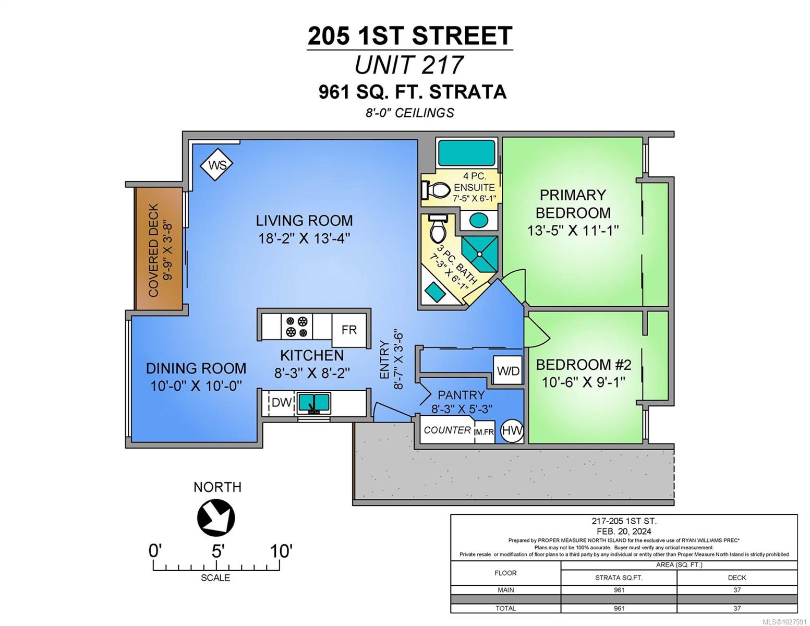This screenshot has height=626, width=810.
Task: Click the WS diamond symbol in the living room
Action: click(x=216, y=164)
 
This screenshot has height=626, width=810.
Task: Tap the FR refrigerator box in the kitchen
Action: click(x=349, y=330)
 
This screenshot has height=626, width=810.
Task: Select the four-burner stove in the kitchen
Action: click(x=296, y=326)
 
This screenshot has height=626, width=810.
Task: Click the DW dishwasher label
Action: click(x=282, y=402)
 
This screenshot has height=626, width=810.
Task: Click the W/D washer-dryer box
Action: click(x=507, y=370)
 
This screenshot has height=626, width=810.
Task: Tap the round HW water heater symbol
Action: click(x=512, y=431)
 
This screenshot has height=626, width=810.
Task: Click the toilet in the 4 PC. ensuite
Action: click(x=436, y=190)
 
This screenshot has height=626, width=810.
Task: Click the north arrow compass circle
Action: click(x=216, y=518)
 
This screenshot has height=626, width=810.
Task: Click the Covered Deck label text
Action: click(x=153, y=250)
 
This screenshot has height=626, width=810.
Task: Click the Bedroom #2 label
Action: click(x=583, y=365)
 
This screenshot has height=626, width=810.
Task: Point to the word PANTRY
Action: click(x=461, y=395)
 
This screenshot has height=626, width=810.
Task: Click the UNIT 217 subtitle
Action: click(x=409, y=65)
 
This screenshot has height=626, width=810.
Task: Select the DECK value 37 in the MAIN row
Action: click(x=736, y=590)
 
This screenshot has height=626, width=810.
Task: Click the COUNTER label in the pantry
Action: click(x=447, y=430)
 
